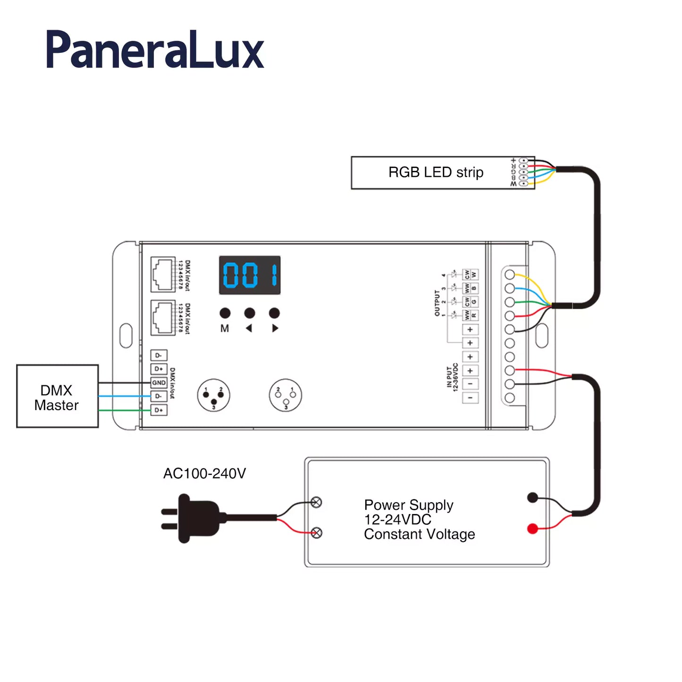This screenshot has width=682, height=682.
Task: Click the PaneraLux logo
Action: coord(155,50)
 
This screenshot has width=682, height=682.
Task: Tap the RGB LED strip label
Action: coord(436,172)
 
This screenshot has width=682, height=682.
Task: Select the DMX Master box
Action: coord(57,396)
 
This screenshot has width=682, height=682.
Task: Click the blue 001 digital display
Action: coord(250,275)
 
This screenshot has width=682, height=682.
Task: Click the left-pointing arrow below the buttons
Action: coord(249,328)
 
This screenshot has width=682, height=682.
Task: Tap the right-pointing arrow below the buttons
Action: coord(275,328)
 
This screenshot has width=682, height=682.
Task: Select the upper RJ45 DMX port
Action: coord(162,275)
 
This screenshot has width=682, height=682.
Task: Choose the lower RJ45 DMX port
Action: coord(162,318)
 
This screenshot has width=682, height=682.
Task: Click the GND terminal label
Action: coord(159,383)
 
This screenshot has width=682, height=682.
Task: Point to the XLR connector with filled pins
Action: coord(213,395)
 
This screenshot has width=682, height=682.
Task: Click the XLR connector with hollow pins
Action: coord(285,395)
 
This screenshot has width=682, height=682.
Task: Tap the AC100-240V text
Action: coord(204,473)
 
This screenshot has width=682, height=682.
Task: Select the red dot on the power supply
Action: coord(532,529)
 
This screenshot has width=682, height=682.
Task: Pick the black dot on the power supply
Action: coord(532,497)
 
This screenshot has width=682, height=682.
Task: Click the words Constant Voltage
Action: coord(419,534)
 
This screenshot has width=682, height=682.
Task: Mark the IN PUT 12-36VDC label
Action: coord(452,377)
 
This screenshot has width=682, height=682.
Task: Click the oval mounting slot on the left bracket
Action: coord(126,336)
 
